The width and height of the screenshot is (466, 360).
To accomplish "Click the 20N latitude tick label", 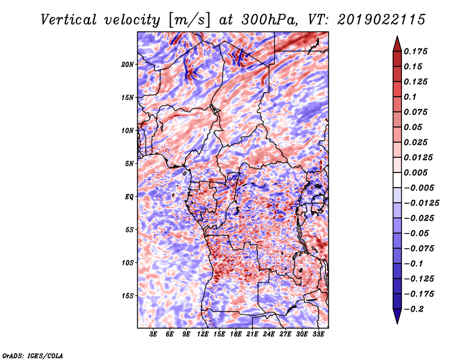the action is (128, 65).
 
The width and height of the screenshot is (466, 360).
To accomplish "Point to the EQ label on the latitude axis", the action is (129, 197).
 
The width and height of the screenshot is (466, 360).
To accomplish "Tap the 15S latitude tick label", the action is (128, 296).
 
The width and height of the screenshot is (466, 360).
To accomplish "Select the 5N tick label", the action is (129, 164).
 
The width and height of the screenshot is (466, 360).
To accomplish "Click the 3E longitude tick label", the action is (153, 334).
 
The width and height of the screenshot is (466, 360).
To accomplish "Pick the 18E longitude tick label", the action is (236, 334).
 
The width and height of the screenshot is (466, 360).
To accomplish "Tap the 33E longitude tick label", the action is (318, 334).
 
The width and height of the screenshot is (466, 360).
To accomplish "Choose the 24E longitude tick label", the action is (269, 334).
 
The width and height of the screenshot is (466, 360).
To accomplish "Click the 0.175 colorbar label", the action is (415, 51).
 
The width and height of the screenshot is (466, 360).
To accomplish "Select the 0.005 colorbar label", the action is (415, 172).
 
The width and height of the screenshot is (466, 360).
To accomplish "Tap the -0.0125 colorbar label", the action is (421, 203).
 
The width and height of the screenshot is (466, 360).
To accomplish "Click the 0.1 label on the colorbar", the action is (410, 97).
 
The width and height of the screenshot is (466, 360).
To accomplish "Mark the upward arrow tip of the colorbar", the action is (397, 36).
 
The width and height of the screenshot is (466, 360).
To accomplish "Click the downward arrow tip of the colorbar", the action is (397, 324).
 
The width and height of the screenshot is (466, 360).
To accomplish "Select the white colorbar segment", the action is (397, 180).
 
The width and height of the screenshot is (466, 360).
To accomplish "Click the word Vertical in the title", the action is (69, 20).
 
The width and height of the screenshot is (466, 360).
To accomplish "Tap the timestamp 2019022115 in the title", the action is (382, 20).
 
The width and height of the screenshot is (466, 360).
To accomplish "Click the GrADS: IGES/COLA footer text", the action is (33, 355).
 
